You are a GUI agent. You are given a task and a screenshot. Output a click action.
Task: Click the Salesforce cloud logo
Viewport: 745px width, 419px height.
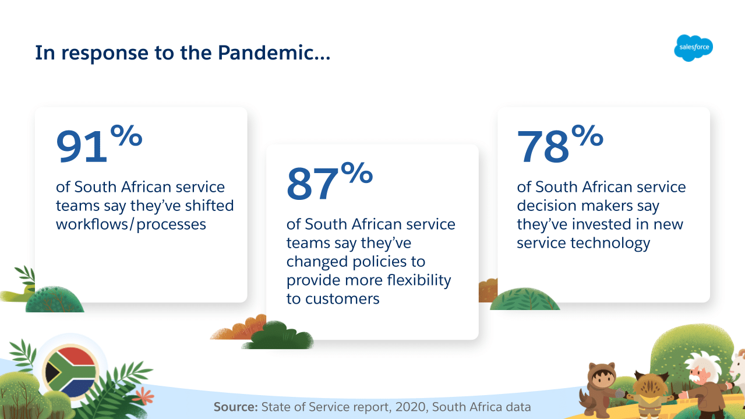(693, 48)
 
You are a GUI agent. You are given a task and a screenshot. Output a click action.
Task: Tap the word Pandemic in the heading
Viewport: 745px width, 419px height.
(266, 53)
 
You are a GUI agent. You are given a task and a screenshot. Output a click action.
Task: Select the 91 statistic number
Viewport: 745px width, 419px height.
(82, 146)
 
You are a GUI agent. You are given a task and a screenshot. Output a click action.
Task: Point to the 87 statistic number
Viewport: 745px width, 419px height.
(312, 184)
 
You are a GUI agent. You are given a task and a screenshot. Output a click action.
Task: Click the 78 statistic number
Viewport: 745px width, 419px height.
(543, 146)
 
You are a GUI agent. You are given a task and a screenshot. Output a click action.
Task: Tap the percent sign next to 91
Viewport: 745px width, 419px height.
(126, 135)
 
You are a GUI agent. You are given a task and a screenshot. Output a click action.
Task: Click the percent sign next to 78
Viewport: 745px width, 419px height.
(587, 135)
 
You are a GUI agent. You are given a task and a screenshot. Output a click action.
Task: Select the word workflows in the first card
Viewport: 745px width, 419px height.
(92, 224)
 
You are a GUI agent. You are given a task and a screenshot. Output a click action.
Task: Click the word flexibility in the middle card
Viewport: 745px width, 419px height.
(419, 280)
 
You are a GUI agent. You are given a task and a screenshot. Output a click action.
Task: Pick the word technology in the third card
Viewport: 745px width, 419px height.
(610, 243)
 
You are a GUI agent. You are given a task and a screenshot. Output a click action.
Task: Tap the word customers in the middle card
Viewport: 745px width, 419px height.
(343, 299)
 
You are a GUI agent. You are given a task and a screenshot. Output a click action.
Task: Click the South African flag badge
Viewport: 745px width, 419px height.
(71, 371)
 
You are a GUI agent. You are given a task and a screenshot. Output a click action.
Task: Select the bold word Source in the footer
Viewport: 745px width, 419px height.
(235, 407)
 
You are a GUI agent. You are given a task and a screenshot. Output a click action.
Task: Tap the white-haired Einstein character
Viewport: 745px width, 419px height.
(705, 386)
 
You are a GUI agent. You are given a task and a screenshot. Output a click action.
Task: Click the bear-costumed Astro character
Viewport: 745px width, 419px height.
(601, 389)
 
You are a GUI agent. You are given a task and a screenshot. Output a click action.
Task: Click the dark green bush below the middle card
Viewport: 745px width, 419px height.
(278, 336)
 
